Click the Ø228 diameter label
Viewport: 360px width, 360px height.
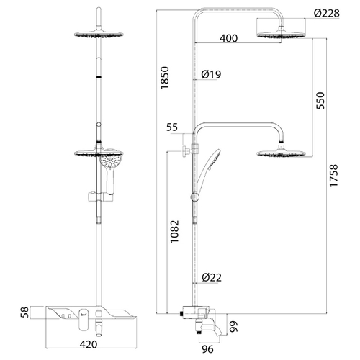point(327,13)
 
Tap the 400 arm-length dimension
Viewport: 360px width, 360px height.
point(228,38)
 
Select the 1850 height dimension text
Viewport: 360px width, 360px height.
point(165,78)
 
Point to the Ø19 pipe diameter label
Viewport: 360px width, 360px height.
point(211,74)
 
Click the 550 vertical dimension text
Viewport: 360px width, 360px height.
point(320,100)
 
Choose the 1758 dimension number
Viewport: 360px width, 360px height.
point(333,175)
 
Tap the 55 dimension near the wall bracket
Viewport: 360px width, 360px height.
point(172,127)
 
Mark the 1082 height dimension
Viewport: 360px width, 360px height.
point(174,231)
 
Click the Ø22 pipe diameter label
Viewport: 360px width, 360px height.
point(212,277)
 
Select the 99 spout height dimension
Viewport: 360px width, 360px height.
point(233,326)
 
